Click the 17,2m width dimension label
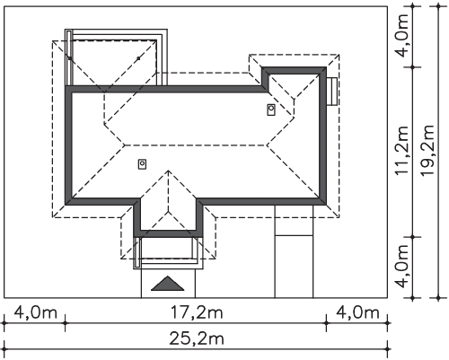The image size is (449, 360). click(x=197, y=313)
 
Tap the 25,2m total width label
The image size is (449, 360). click(x=197, y=339)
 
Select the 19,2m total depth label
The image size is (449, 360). click(x=427, y=151)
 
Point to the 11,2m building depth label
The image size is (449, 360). click(x=401, y=151)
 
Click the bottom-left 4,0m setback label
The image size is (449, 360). click(x=35, y=313)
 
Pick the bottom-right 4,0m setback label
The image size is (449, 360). click(x=357, y=313)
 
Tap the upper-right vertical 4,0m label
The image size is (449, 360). click(x=401, y=35)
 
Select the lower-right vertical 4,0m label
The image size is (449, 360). click(x=401, y=267)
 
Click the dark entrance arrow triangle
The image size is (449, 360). click(x=168, y=285)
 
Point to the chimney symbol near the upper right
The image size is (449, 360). click(x=271, y=110)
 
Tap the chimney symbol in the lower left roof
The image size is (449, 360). click(x=142, y=164)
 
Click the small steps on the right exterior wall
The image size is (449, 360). click(x=332, y=92)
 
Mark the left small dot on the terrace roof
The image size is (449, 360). click(x=70, y=58)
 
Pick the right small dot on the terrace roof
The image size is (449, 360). click(x=138, y=58)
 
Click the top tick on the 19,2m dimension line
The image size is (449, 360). click(x=438, y=6)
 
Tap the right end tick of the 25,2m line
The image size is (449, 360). click(x=388, y=349)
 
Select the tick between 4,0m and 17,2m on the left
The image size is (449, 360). click(x=66, y=323)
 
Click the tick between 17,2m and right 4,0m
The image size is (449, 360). click(x=326, y=323)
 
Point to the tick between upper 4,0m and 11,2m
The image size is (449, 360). click(x=413, y=67)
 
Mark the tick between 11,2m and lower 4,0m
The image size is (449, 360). click(x=413, y=237)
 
